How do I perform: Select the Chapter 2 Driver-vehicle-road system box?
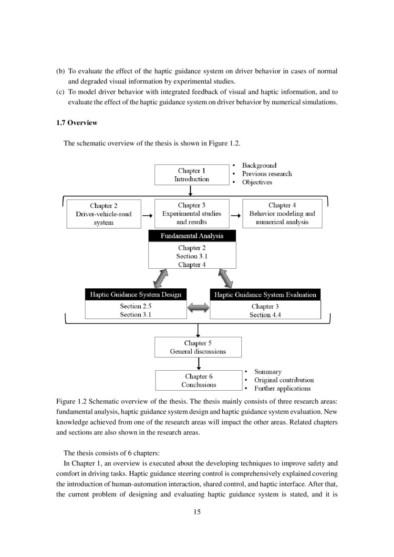(x=104, y=214)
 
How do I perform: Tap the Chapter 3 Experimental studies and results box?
(x=191, y=213)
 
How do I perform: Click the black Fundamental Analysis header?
(x=192, y=236)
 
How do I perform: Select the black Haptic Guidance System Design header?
(x=135, y=294)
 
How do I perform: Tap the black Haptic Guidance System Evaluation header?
(x=265, y=295)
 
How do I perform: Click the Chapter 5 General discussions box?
(x=198, y=347)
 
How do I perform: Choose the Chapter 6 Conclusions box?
(x=198, y=380)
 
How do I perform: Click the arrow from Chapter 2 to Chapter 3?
(x=147, y=215)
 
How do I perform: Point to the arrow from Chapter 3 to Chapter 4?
(x=236, y=215)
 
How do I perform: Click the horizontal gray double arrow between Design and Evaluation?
(x=198, y=309)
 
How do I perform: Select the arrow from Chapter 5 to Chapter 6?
(x=198, y=364)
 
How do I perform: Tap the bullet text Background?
(x=259, y=165)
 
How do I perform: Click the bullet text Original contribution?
(x=284, y=380)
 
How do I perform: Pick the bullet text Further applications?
(x=282, y=388)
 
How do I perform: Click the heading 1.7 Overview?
(x=77, y=123)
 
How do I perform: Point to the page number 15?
(x=197, y=512)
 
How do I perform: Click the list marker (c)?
(x=61, y=92)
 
